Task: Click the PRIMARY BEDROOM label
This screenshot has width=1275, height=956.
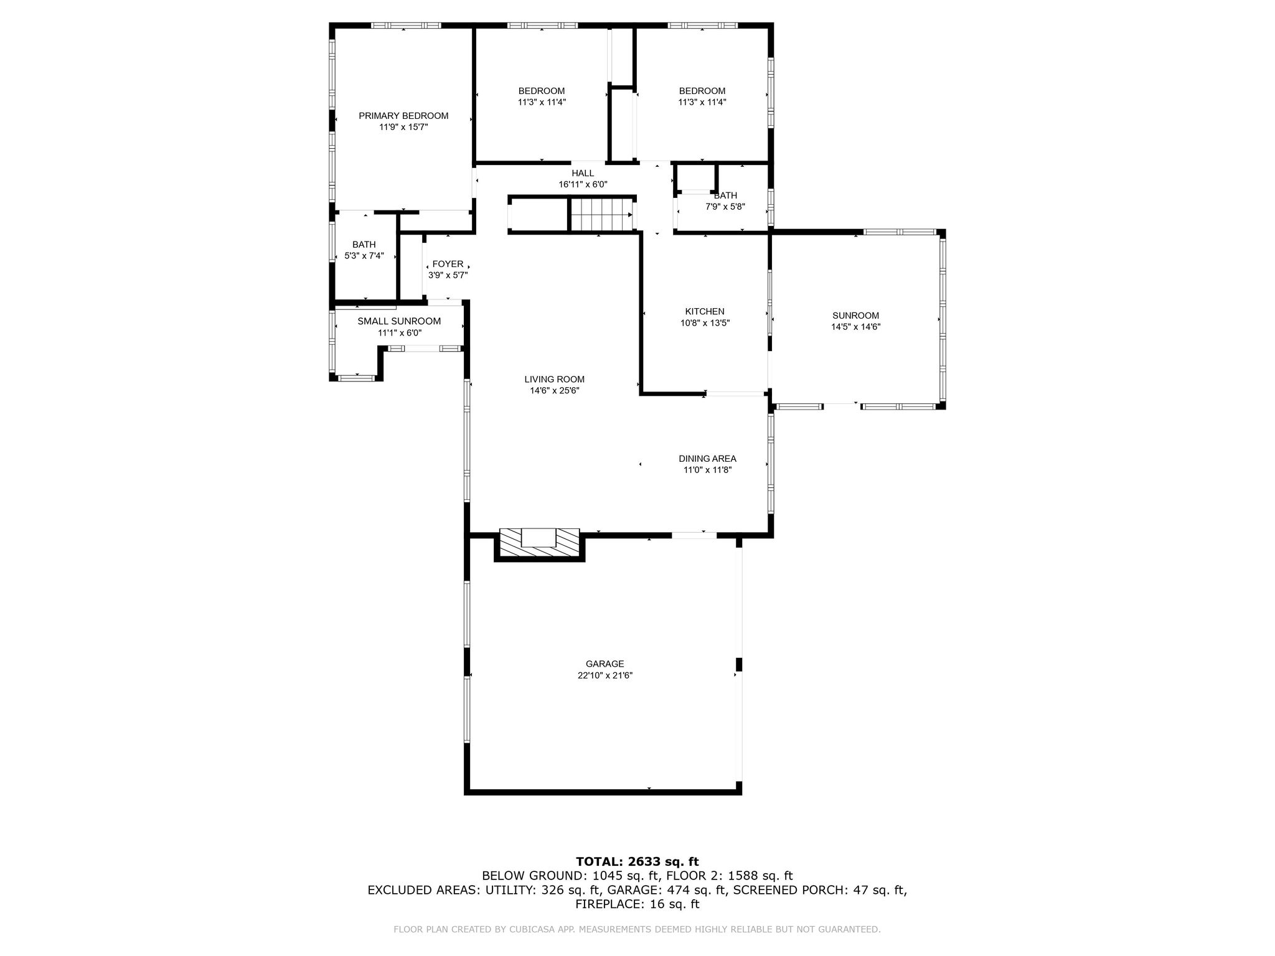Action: (403, 116)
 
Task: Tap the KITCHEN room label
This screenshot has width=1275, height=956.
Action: (705, 311)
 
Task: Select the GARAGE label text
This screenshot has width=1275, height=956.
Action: (605, 664)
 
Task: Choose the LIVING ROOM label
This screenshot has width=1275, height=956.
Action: (554, 379)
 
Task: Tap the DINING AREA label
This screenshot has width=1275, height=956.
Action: (707, 459)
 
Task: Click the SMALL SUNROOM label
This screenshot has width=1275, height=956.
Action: (399, 321)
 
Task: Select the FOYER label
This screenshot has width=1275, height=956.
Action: (448, 264)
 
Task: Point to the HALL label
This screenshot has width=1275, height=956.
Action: (583, 173)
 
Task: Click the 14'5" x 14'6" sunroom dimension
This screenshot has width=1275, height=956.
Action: (855, 327)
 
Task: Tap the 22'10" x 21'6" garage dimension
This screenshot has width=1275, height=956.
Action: (605, 675)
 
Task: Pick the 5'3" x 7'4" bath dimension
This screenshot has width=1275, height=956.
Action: (364, 255)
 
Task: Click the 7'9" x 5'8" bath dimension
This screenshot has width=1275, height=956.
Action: (725, 207)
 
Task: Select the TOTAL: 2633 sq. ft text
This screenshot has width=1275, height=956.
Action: (637, 861)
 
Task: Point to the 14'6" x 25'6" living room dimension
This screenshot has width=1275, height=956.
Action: (554, 390)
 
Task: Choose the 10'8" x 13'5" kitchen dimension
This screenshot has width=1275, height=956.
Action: (705, 323)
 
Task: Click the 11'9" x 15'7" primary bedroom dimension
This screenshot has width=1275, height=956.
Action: (403, 127)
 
